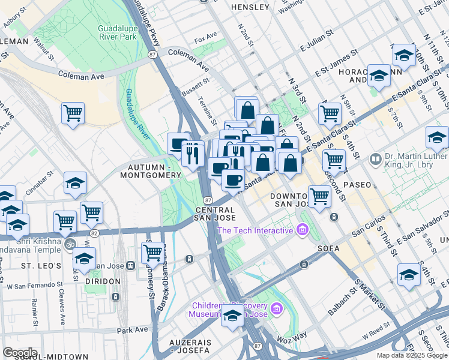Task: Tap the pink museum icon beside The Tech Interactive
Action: [302, 230]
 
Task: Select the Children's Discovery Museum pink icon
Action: [276, 308]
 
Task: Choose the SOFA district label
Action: [330, 248]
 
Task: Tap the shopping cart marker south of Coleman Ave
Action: [73, 113]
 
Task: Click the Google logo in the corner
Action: [20, 353]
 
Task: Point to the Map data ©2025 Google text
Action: [411, 355]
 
